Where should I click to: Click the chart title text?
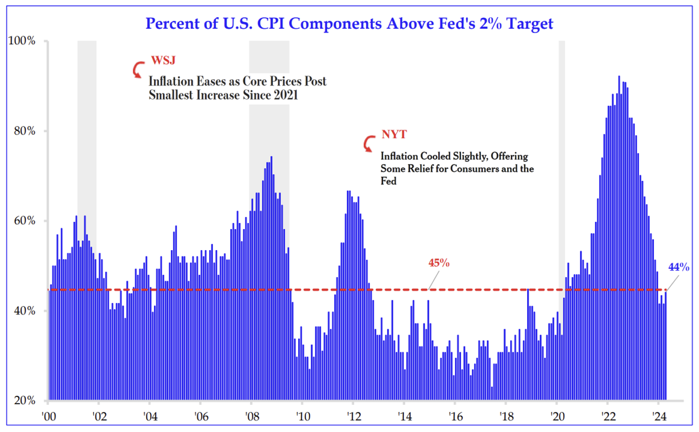(349, 24)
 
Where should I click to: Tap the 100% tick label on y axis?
(23, 41)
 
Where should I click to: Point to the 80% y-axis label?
(25, 131)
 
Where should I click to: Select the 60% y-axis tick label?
(25, 221)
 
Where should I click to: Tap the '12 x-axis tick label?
(353, 418)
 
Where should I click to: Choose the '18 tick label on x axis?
(505, 418)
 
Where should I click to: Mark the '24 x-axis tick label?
(658, 418)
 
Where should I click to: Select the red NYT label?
(394, 135)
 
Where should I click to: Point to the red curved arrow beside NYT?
(369, 143)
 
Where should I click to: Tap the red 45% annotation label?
(439, 263)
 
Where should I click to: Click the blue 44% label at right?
(678, 267)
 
